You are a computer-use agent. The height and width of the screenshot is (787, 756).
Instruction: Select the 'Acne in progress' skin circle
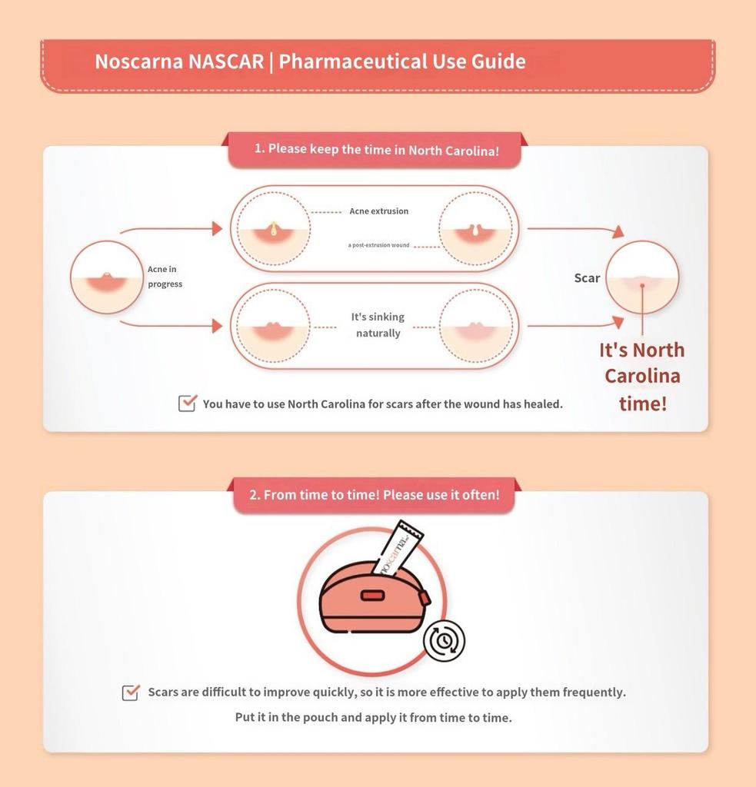click(x=107, y=277)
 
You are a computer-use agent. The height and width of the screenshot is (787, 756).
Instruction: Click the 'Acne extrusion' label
click(x=378, y=211)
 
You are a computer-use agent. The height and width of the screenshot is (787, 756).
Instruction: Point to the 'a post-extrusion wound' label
click(x=378, y=245)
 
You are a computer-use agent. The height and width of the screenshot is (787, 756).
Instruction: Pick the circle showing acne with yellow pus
click(x=273, y=228)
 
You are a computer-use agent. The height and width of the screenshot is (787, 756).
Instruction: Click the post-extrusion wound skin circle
click(x=475, y=228)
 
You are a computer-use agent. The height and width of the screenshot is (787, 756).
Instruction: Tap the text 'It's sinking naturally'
click(x=378, y=325)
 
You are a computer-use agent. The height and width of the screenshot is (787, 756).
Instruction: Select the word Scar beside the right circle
click(x=587, y=278)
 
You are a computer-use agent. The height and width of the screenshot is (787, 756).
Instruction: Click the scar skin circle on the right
click(x=641, y=277)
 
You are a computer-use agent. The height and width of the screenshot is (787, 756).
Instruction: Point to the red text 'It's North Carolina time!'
click(x=642, y=376)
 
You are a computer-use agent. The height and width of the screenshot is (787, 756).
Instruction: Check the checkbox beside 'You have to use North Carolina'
click(x=187, y=403)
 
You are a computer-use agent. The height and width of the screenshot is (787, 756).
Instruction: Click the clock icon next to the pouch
click(x=444, y=641)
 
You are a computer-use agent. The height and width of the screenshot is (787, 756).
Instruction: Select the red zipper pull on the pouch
click(x=424, y=598)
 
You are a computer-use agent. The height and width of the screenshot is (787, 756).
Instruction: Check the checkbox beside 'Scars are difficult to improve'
click(x=131, y=692)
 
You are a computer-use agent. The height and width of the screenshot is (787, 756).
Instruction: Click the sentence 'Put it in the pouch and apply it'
click(x=373, y=718)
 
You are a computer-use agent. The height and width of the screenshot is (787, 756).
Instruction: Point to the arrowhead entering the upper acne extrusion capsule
click(x=217, y=228)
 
